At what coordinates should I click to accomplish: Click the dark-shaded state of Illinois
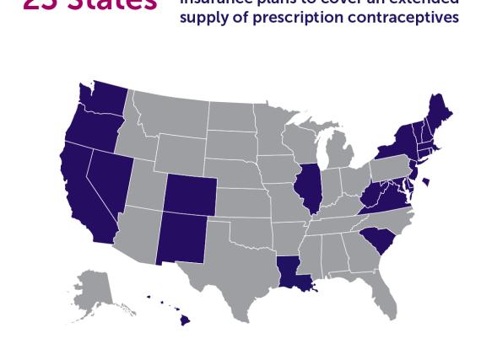(x=311, y=191)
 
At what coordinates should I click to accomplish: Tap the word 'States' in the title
(x=111, y=4)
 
